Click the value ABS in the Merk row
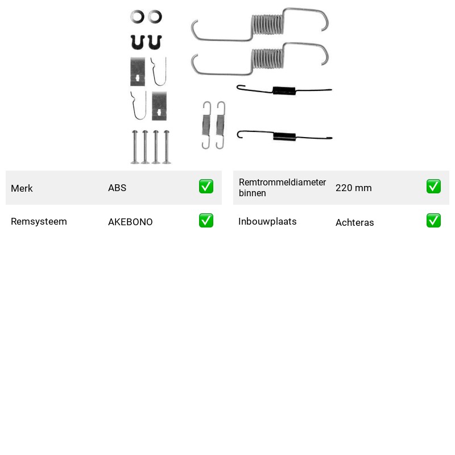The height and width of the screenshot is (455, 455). (117, 188)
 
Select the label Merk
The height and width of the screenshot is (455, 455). (22, 188)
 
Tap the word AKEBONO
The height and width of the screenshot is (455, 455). (130, 222)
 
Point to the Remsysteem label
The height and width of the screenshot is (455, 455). (39, 221)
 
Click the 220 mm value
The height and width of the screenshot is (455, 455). (353, 188)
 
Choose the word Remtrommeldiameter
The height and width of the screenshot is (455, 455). (282, 182)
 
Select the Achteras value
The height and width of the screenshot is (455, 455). (354, 222)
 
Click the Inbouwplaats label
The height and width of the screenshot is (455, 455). (267, 221)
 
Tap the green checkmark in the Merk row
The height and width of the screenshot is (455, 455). (206, 187)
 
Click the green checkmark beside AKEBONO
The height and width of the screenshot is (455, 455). (206, 220)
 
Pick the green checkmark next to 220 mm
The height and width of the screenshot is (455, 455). (433, 187)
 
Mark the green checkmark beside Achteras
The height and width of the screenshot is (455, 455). (433, 220)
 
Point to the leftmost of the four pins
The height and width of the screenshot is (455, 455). (135, 147)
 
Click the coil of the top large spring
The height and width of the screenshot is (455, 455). (267, 24)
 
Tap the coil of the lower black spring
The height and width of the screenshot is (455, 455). (284, 136)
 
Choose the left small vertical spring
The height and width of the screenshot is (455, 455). (206, 125)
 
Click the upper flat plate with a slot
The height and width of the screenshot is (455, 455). (138, 72)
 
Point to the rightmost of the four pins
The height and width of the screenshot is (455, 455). (167, 147)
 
